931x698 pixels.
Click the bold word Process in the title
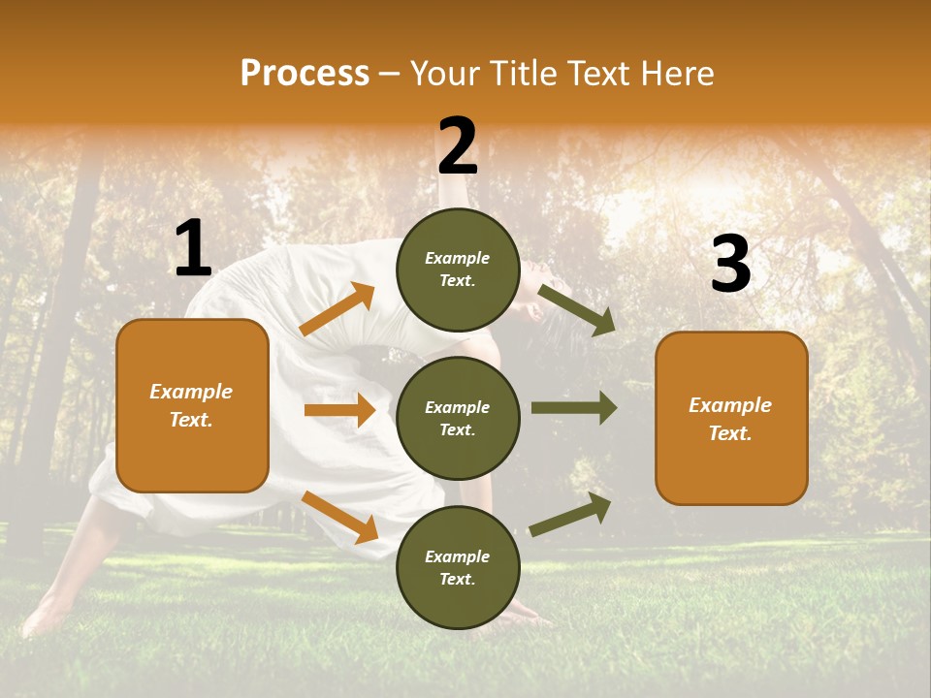305,74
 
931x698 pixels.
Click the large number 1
193,249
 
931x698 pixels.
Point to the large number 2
458,146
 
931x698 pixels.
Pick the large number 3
730,264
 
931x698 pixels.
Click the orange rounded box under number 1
192,405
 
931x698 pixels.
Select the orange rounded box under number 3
731,418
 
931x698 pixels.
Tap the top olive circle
458,270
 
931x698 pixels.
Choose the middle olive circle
458,418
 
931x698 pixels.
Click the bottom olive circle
458,567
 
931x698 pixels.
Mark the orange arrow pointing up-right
337,309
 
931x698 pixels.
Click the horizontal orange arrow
339,410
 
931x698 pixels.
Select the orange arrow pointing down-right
339,517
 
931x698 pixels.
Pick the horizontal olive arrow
573,408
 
